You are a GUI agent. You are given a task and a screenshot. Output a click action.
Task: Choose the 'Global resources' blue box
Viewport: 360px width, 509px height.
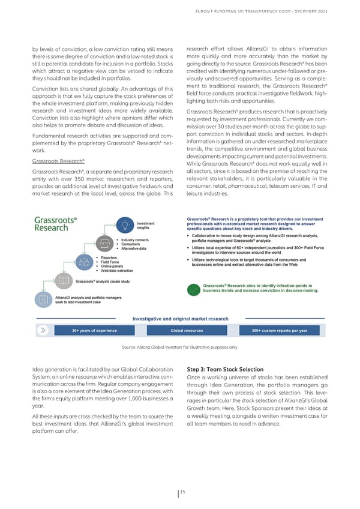(186, 331)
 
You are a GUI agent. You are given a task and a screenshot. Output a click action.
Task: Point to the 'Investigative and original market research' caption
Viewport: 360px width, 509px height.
(179, 318)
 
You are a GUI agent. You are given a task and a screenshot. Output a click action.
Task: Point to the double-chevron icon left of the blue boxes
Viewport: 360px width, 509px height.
(43, 331)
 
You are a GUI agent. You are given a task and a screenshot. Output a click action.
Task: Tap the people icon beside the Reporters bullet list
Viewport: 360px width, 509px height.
(83, 278)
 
